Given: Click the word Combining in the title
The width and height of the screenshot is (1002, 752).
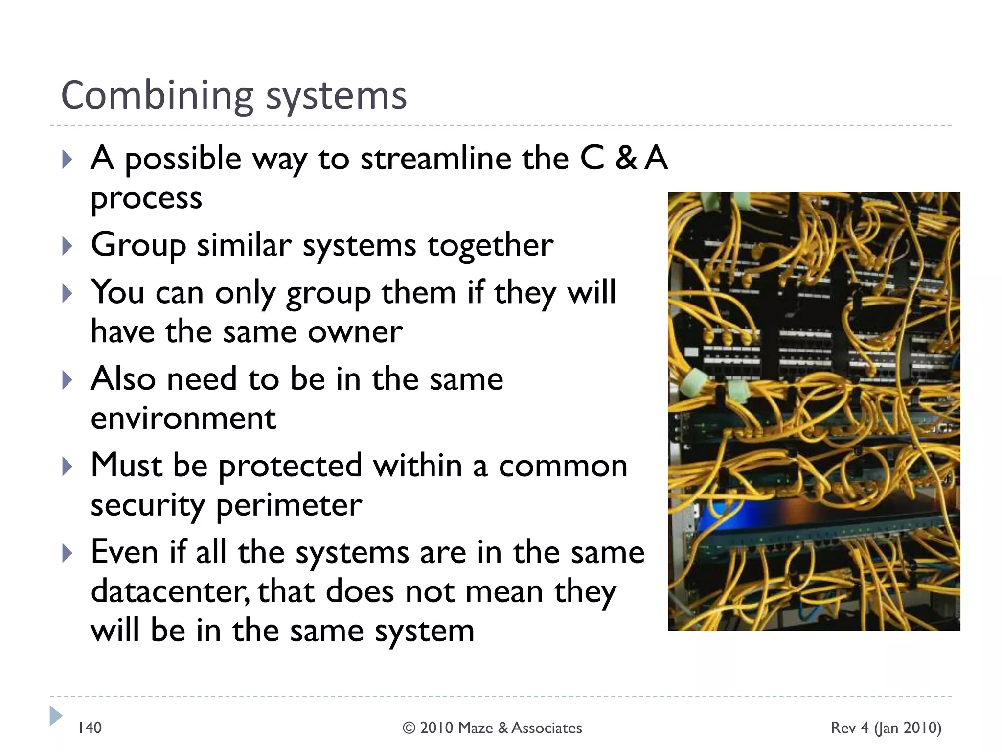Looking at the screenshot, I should coord(157,96).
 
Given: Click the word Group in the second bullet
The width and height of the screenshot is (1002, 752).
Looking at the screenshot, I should coord(138,245).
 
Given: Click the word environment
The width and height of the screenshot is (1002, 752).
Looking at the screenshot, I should coord(183,418).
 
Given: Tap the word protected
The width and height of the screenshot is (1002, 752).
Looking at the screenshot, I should coord(290,466).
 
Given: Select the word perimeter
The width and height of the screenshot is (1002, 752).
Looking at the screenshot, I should coord(289,505).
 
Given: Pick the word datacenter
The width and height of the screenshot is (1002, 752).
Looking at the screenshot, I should coord(169,591).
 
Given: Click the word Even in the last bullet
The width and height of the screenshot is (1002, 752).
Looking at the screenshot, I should coord(124,552).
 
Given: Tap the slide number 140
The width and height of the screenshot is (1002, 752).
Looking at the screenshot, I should coord(90,728).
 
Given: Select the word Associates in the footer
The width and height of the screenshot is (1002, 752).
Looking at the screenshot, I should coord(547,728).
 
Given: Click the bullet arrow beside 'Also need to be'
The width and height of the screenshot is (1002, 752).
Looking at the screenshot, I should coord(67,380).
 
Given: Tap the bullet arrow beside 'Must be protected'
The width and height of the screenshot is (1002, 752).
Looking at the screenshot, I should coord(67,467).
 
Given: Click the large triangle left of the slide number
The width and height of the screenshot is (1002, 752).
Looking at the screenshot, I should coord(55,716).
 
